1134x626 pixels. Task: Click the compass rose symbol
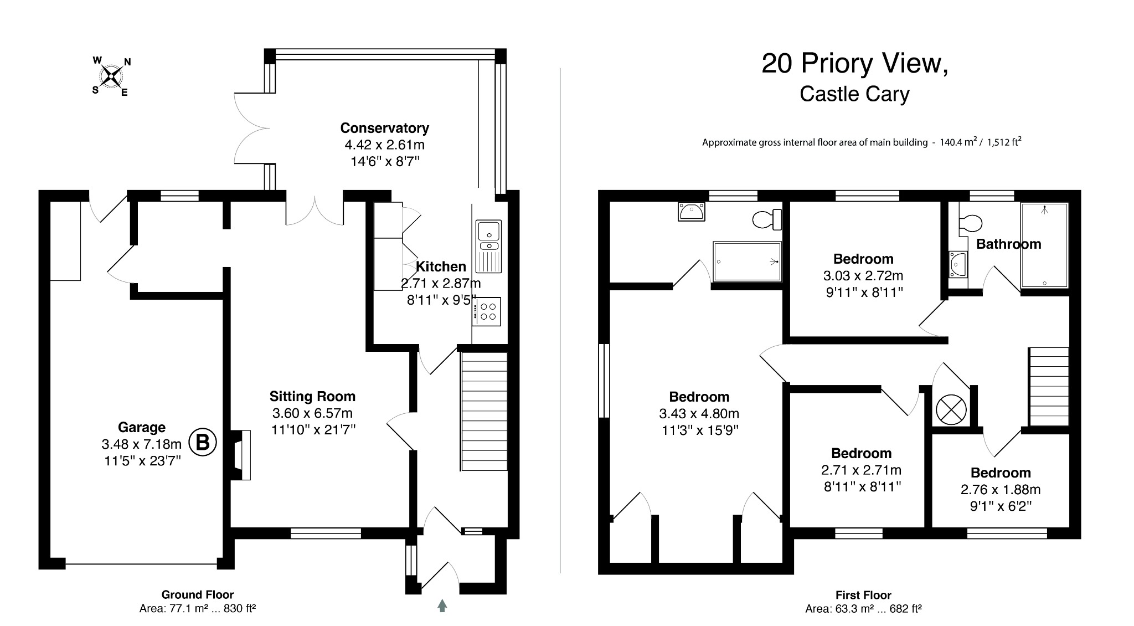pos(111,76)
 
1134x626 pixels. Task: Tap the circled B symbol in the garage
pos(203,443)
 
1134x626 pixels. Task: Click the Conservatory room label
pos(384,128)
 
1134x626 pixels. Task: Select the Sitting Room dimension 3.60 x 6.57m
pos(312,413)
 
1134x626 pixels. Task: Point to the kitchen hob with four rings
pos(487,311)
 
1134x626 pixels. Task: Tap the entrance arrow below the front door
pos(442,606)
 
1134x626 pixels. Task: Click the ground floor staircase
pos(484,411)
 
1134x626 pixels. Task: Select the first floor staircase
pos(1048,386)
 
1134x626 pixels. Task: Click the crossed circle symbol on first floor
pos(951,410)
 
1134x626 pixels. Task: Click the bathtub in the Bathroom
pos(1044,245)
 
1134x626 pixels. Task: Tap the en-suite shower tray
pos(747,261)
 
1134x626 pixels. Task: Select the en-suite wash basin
pos(692,211)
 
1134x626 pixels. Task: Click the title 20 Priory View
pos(854,64)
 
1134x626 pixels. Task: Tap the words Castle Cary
pos(854,94)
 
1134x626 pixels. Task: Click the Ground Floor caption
pos(197,594)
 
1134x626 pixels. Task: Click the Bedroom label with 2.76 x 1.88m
pos(1000,473)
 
